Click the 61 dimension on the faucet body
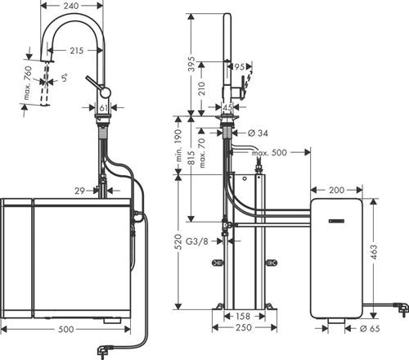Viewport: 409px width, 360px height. [x=104, y=106]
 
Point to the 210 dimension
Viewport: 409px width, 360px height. [x=204, y=82]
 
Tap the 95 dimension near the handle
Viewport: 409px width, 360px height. [x=240, y=67]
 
